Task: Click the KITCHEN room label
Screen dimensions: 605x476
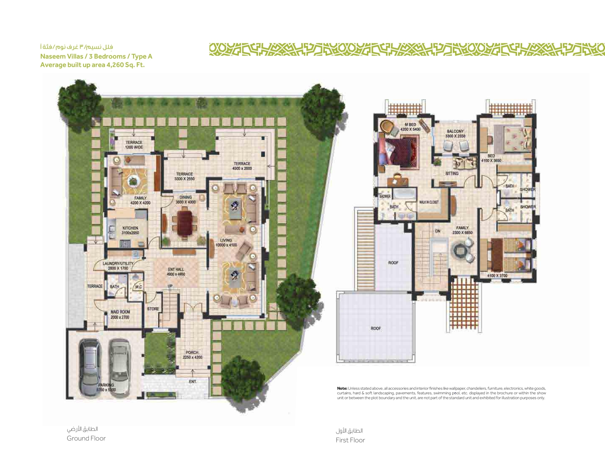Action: coord(130,228)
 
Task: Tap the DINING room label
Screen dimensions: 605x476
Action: coord(185,197)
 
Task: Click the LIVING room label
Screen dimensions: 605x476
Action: coord(226,240)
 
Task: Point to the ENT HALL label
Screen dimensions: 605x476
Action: coord(176,269)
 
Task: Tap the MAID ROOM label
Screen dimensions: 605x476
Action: coord(120,312)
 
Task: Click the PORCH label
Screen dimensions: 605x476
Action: coord(192,353)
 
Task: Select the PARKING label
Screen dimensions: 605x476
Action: coord(106,385)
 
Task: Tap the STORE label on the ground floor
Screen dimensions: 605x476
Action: coord(153,309)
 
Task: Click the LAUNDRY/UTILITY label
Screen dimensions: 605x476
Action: coord(118,264)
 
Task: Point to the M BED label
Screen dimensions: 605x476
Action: coord(410,125)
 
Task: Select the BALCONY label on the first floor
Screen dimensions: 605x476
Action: coord(455,131)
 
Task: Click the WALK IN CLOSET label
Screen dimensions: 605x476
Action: coord(429,202)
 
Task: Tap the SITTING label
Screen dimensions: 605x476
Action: coord(452,173)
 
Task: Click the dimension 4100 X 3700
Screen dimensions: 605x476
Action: coord(497,276)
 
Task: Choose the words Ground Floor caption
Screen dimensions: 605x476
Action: coord(86,438)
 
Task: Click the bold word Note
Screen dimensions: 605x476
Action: coord(342,388)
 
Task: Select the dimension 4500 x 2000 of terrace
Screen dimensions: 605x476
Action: coord(242,168)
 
